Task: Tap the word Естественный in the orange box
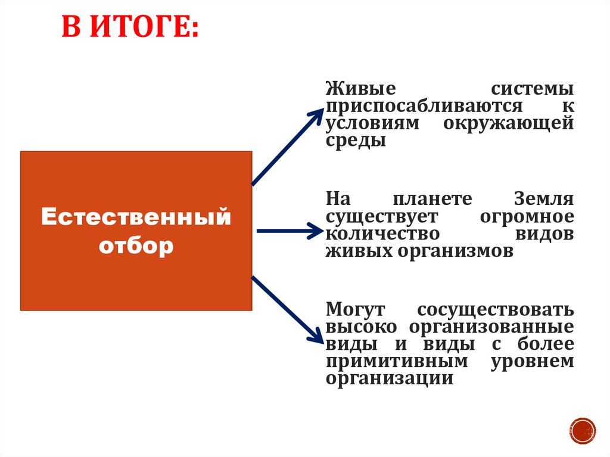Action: point(136,217)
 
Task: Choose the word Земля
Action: point(543,199)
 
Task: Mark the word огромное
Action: point(527,216)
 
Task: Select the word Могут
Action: point(356,310)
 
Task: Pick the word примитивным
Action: point(396,362)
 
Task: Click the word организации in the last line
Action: point(390,379)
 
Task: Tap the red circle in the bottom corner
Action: point(582,430)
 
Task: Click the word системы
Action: point(533,89)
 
